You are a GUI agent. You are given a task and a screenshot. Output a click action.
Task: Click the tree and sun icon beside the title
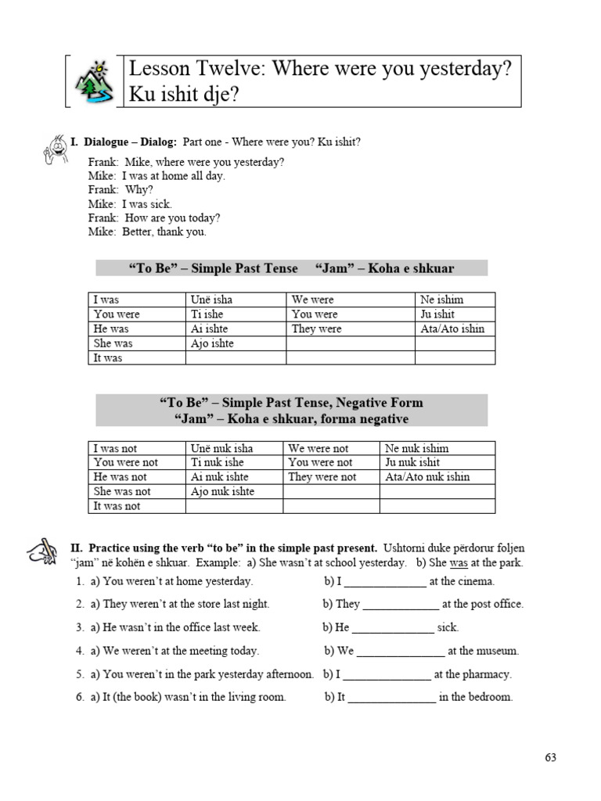(93, 81)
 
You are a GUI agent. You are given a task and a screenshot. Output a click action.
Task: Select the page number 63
(550, 757)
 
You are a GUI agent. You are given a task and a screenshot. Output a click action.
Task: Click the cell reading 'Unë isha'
(211, 300)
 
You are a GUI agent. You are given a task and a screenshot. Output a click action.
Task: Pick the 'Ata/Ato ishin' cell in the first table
(452, 329)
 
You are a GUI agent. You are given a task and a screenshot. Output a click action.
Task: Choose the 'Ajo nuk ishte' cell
(222, 491)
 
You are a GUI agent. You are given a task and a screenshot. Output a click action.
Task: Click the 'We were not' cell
(318, 448)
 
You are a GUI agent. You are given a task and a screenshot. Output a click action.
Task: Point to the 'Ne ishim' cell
(442, 300)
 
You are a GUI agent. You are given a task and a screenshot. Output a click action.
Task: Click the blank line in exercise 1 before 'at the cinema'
(385, 583)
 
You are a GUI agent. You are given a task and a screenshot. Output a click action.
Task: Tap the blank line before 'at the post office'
(401, 605)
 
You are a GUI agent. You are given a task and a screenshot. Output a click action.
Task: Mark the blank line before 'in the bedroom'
(391, 699)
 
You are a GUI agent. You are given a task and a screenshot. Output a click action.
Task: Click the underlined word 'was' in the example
(459, 563)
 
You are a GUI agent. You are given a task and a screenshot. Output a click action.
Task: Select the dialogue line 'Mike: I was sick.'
(130, 204)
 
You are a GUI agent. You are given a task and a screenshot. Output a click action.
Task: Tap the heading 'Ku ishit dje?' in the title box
(181, 93)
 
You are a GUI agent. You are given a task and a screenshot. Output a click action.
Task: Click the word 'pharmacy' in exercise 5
(488, 674)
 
